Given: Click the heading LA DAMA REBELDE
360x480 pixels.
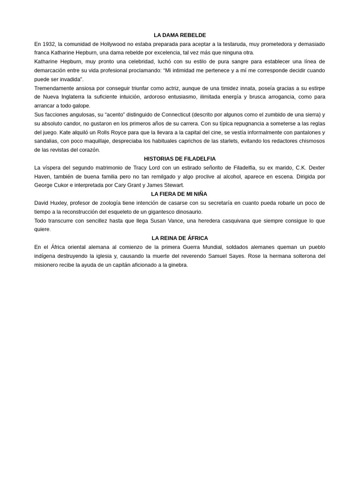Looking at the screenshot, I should click(x=180, y=35).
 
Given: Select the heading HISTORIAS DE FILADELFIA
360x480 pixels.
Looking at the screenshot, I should click(x=180, y=159).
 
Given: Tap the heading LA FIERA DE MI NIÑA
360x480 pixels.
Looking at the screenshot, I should click(x=179, y=194).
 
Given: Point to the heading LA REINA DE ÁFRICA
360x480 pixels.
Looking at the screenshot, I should click(x=180, y=238).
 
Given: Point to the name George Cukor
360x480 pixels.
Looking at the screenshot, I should click(x=50, y=185).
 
